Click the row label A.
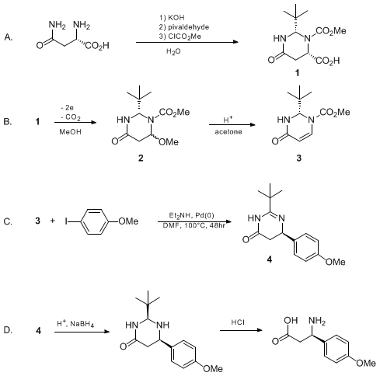click(8, 37)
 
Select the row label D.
click(8, 330)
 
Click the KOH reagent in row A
click(176, 18)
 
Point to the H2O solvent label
click(173, 52)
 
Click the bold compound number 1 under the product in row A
click(298, 73)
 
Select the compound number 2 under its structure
click(141, 158)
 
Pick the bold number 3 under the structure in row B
click(299, 158)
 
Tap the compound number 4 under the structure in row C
click(270, 259)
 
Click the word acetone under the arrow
click(228, 132)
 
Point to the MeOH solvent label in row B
click(70, 132)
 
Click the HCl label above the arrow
click(238, 322)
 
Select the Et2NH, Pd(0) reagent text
click(192, 215)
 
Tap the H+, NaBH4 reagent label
click(75, 324)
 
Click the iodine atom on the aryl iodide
click(66, 221)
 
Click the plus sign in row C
click(53, 221)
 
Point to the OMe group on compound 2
click(169, 142)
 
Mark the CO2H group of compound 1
click(327, 61)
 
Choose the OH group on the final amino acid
click(291, 320)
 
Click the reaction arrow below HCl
click(241, 330)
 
